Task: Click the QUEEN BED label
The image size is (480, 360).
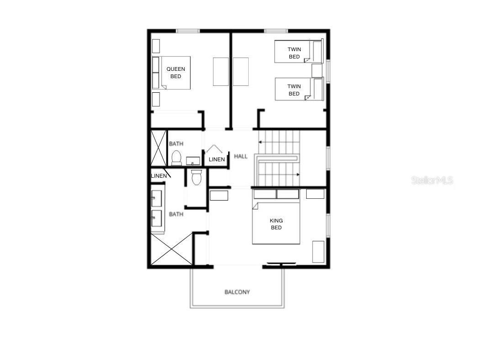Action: [176, 73]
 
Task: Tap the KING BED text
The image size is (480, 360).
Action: [276, 224]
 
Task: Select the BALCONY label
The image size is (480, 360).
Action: [237, 292]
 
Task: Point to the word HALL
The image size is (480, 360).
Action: [241, 156]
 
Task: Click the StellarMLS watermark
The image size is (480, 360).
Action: [432, 180]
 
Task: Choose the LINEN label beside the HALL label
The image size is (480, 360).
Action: [217, 159]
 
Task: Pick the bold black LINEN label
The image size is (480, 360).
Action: [159, 176]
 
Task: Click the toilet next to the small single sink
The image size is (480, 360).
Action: [176, 158]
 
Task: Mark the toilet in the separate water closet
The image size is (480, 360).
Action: [197, 177]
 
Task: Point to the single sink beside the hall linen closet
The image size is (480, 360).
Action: [193, 160]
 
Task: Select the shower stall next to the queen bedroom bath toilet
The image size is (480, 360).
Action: [159, 148]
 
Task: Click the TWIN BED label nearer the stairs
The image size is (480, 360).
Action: [294, 90]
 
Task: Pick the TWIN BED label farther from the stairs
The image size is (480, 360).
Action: [294, 53]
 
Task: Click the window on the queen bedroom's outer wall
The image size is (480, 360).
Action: [188, 31]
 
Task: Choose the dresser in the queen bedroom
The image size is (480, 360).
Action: [221, 71]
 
